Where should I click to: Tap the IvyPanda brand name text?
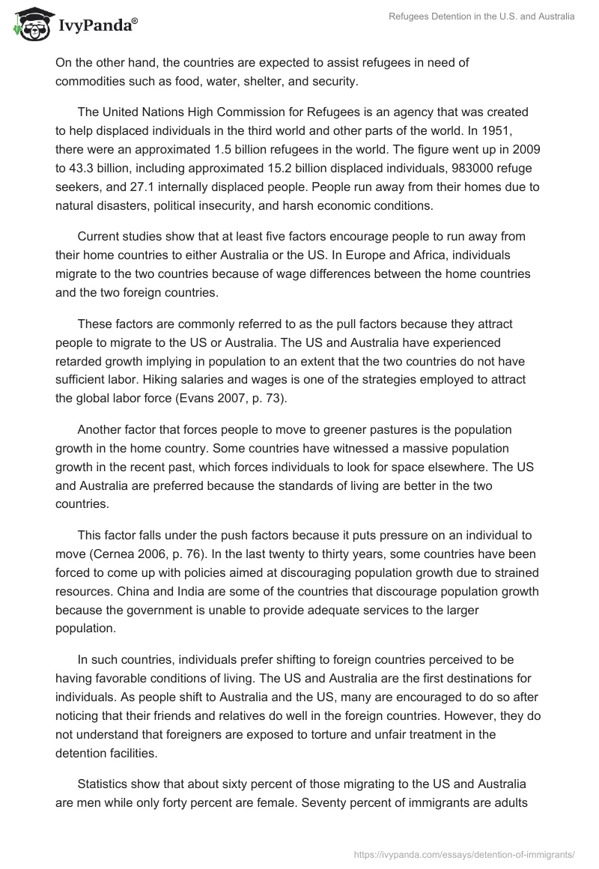click(98, 26)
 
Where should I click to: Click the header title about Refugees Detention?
click(481, 16)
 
